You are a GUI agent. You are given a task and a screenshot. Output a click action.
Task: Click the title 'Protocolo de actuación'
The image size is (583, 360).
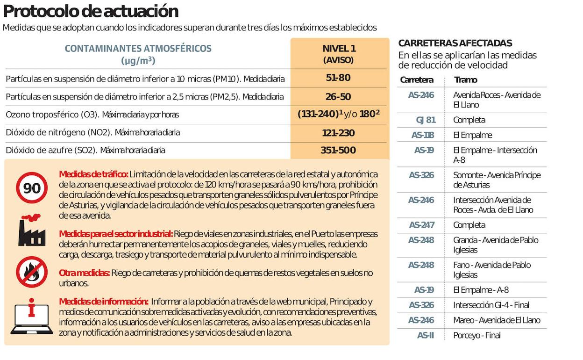pyautogui.click(x=91, y=11)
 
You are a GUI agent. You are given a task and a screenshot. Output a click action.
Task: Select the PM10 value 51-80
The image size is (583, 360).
pyautogui.click(x=338, y=78)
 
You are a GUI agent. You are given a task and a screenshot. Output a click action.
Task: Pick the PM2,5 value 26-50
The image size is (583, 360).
pyautogui.click(x=338, y=97)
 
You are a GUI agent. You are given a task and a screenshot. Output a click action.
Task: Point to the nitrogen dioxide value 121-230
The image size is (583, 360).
pyautogui.click(x=338, y=133)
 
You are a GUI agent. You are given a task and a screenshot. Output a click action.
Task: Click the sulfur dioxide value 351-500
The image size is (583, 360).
pyautogui.click(x=338, y=151)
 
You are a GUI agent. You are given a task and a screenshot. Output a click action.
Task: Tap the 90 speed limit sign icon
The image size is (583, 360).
pyautogui.click(x=32, y=188)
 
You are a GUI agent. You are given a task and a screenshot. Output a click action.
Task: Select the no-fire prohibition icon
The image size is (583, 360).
pyautogui.click(x=32, y=272)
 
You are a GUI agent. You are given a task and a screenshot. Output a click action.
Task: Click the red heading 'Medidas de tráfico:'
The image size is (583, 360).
pyautogui.click(x=93, y=174)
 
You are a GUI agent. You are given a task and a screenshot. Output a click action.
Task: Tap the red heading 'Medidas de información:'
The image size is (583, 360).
pyautogui.click(x=104, y=302)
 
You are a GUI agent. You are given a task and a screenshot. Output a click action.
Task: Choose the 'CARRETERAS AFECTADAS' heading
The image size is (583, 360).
pyautogui.click(x=455, y=43)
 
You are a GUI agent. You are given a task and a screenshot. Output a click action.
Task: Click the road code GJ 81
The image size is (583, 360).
pyautogui.click(x=425, y=120)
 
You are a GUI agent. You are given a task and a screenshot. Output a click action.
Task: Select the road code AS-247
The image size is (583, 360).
pyautogui.click(x=421, y=225)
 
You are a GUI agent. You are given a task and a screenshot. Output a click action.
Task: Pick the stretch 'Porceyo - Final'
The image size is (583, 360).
pyautogui.click(x=476, y=335)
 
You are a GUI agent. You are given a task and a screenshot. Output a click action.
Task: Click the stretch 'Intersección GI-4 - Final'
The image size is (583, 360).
pyautogui.click(x=491, y=305)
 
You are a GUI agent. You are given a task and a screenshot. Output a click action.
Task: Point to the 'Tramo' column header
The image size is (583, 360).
pyautogui.click(x=465, y=80)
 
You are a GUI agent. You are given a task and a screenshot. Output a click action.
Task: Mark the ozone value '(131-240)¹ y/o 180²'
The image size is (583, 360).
pyautogui.click(x=338, y=114)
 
